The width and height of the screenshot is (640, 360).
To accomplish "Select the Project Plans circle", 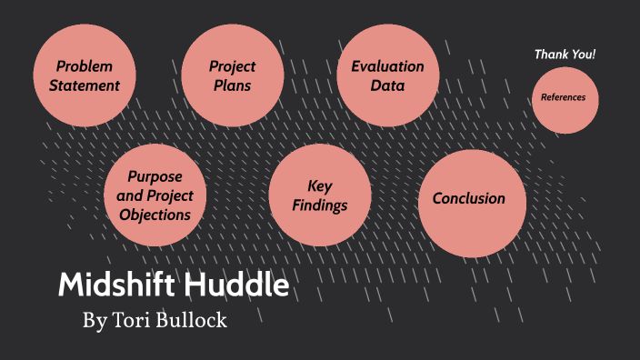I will pyautogui.click(x=233, y=75).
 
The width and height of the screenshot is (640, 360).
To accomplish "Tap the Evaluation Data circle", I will pyautogui.click(x=388, y=75).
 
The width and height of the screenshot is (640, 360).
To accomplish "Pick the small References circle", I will pyautogui.click(x=565, y=98).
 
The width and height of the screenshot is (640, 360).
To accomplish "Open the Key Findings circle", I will pyautogui.click(x=320, y=195).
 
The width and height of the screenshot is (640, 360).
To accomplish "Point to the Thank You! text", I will pyautogui.click(x=565, y=55).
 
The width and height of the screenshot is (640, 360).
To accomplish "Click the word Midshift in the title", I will pyautogui.click(x=115, y=285).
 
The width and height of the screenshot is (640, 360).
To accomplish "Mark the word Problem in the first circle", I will pyautogui.click(x=85, y=66).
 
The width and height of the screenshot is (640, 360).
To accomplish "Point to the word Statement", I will pyautogui.click(x=85, y=86).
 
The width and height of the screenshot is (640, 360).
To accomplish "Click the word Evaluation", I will pyautogui.click(x=388, y=66).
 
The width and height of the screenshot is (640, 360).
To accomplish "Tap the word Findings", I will pyautogui.click(x=320, y=205).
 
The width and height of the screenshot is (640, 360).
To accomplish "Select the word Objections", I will pyautogui.click(x=155, y=215).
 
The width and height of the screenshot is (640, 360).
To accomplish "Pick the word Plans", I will pyautogui.click(x=233, y=86).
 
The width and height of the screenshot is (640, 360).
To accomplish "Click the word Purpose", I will pyautogui.click(x=155, y=175).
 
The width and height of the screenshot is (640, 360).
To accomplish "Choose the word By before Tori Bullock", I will pyautogui.click(x=94, y=321).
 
